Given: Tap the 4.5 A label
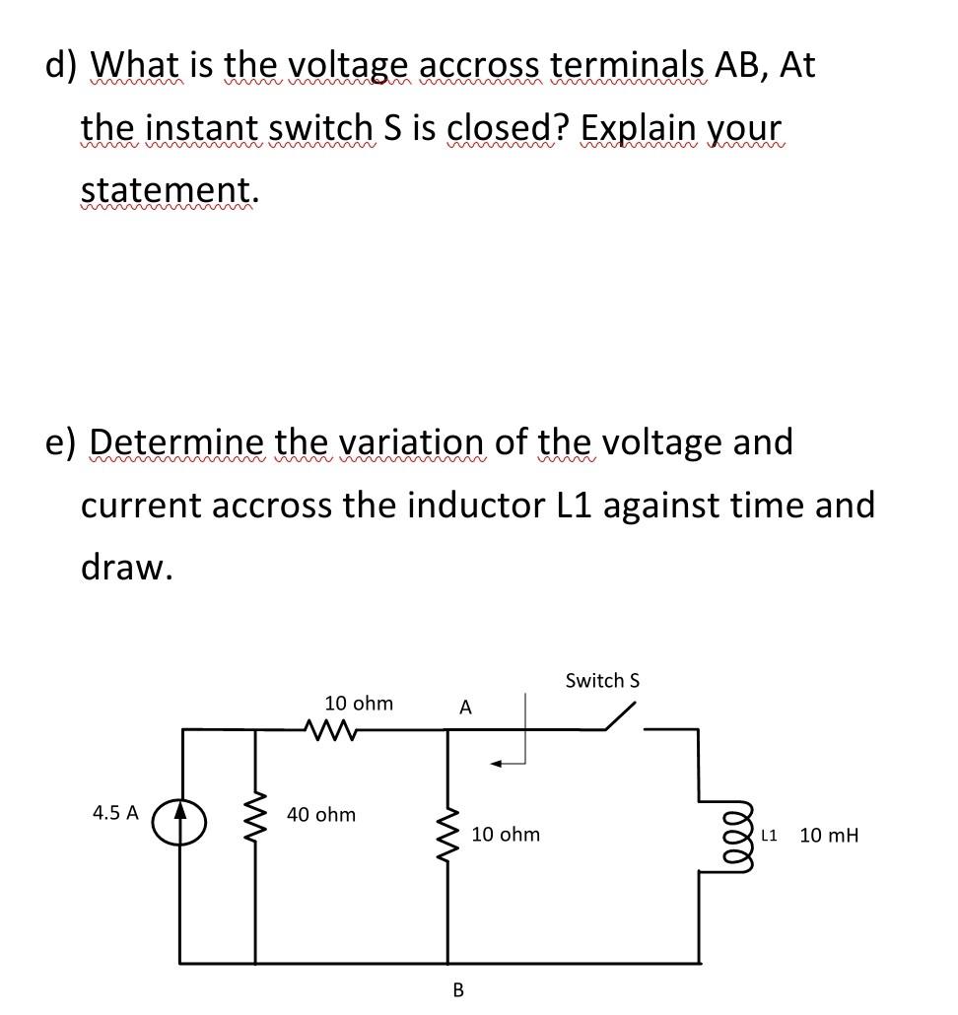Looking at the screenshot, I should coord(115,813).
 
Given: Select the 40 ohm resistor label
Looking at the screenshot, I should coord(321,815).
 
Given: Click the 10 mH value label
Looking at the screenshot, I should coord(829,836).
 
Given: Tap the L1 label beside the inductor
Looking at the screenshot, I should coord(770,836).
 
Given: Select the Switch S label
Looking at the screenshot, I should coord(603,681).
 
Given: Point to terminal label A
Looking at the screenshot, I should coord(466,708).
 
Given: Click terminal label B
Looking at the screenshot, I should coord(457,988).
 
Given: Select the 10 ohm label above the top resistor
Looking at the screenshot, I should coord(359,704).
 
